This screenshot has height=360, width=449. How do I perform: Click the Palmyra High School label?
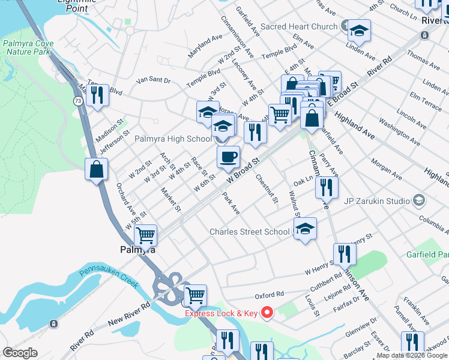pyautogui.click(x=173, y=139)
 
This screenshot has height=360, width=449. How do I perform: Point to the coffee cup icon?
pyautogui.click(x=228, y=158)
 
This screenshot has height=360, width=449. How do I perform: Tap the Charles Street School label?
pyautogui.click(x=249, y=232)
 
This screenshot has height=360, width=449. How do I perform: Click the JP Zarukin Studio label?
pyautogui.click(x=376, y=200)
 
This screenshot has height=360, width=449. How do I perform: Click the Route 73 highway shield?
pyautogui.click(x=78, y=102)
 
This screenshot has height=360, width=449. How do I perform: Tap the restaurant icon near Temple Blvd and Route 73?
pyautogui.click(x=97, y=95)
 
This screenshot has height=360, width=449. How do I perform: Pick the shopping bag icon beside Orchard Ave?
pyautogui.click(x=96, y=170)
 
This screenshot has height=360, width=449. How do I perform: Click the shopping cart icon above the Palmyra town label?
pyautogui.click(x=145, y=236)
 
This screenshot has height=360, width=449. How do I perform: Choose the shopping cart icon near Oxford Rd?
pyautogui.click(x=194, y=296)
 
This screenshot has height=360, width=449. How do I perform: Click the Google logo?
pyautogui.click(x=20, y=353)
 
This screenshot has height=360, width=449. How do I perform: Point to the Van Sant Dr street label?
pyautogui.click(x=154, y=80)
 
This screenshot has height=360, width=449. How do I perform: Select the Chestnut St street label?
pyautogui.click(x=266, y=188)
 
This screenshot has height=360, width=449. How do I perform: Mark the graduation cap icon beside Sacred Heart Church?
pyautogui.click(x=359, y=31)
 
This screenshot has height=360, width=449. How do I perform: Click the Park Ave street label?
pyautogui.click(x=231, y=203)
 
